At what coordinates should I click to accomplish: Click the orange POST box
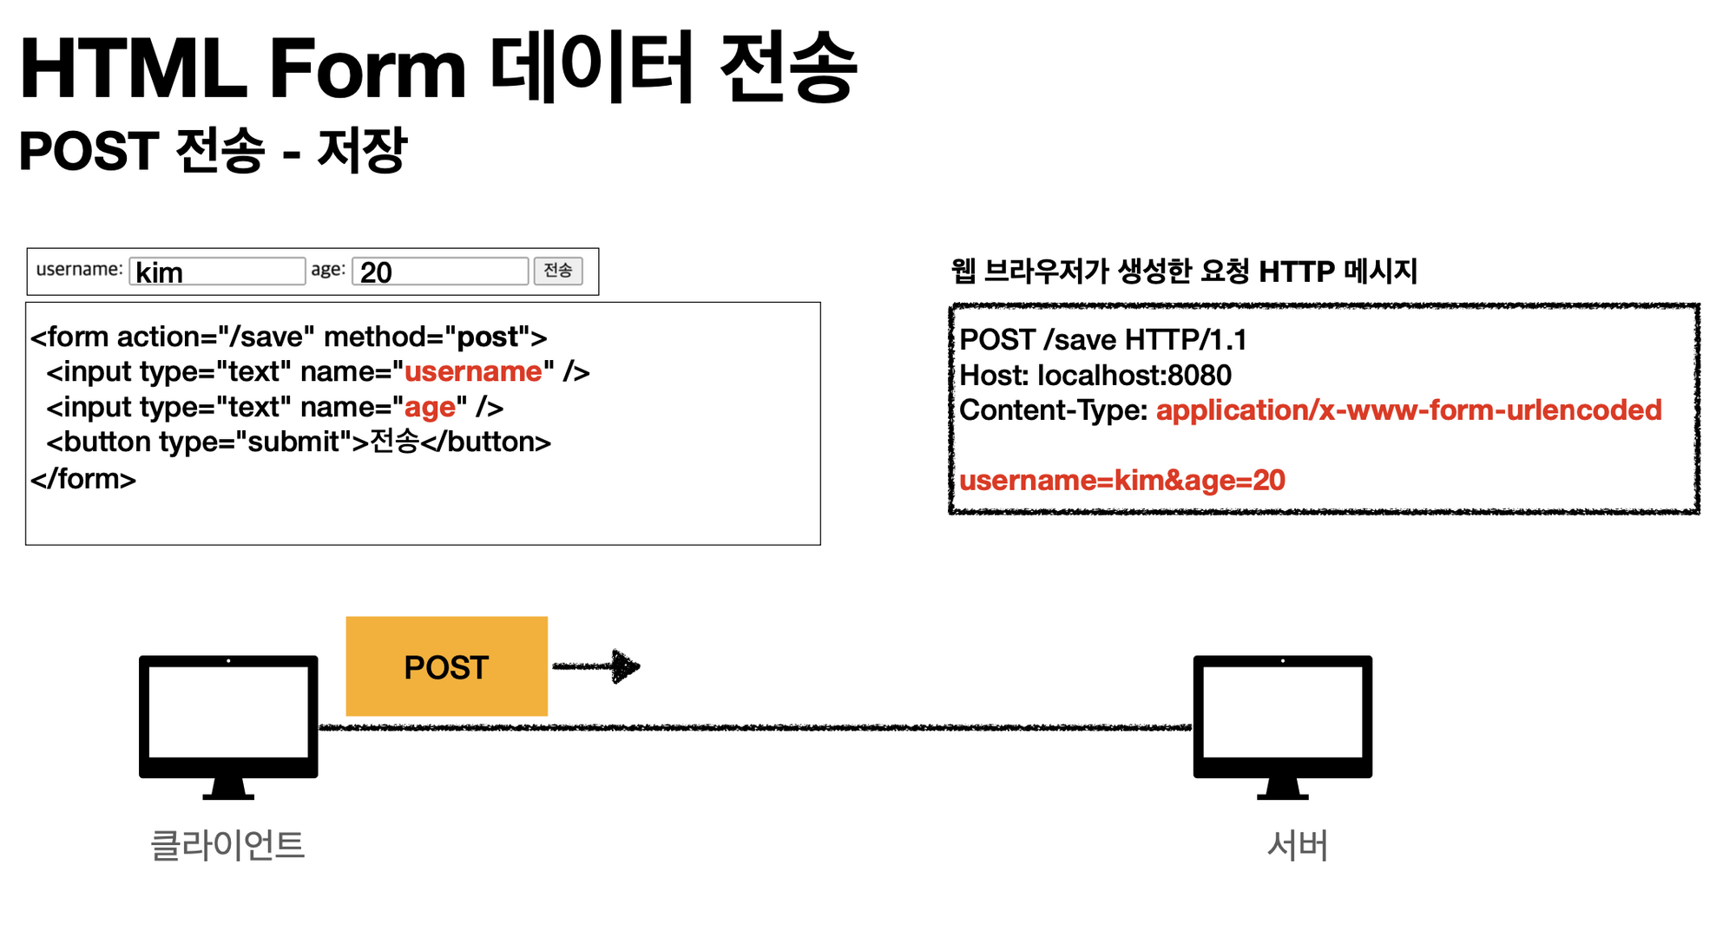click(x=446, y=666)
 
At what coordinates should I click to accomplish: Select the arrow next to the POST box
click(x=597, y=666)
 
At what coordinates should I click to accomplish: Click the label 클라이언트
click(x=227, y=845)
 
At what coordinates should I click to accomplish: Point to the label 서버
click(x=1297, y=845)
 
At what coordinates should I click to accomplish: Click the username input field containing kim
click(x=217, y=272)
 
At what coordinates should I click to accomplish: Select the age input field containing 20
click(x=440, y=272)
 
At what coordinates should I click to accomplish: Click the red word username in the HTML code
click(x=473, y=372)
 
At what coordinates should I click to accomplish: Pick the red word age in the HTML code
click(x=430, y=408)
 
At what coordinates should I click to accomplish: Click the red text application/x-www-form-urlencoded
click(x=1408, y=409)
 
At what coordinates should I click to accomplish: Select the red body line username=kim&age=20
click(x=1121, y=480)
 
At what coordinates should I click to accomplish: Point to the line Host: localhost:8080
click(x=1095, y=375)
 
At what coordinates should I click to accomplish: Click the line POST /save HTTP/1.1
click(x=1102, y=339)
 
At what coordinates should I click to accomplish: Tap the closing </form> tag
click(x=83, y=478)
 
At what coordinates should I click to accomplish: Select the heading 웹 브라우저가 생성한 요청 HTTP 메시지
click(x=1184, y=272)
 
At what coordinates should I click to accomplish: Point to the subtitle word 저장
click(x=362, y=150)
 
